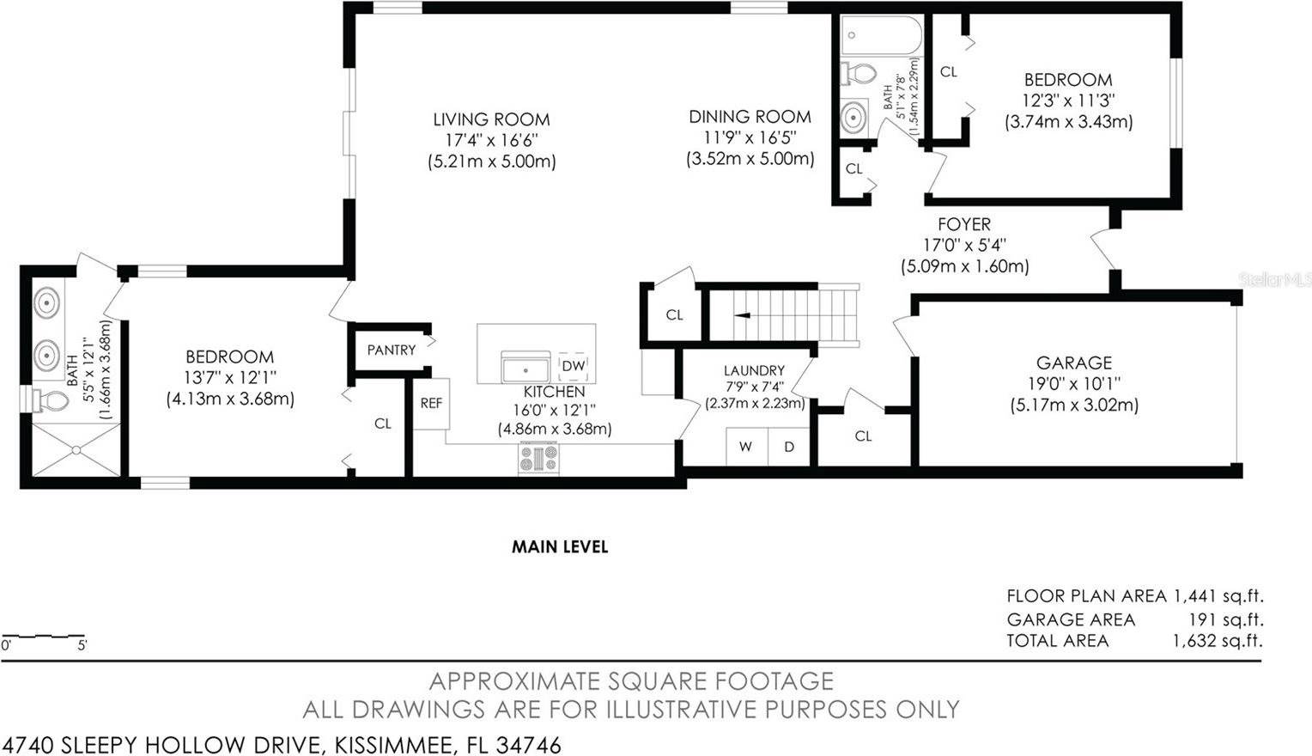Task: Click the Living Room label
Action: click(x=491, y=120)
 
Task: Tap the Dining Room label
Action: click(x=750, y=117)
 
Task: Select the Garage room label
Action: click(x=1073, y=363)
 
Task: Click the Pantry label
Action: click(x=391, y=351)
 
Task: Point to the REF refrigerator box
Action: click(x=431, y=402)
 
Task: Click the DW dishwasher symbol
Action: click(x=573, y=366)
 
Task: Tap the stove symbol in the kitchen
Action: click(x=538, y=458)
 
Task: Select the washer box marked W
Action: click(x=746, y=447)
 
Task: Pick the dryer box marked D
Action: click(x=788, y=447)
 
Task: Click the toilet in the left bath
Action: click(x=52, y=400)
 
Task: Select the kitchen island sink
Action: click(x=525, y=368)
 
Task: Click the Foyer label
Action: click(x=963, y=224)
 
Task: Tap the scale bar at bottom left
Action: click(x=43, y=637)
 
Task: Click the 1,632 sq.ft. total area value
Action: click(x=1218, y=641)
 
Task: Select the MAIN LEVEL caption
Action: click(x=560, y=547)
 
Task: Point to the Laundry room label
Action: click(x=754, y=371)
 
